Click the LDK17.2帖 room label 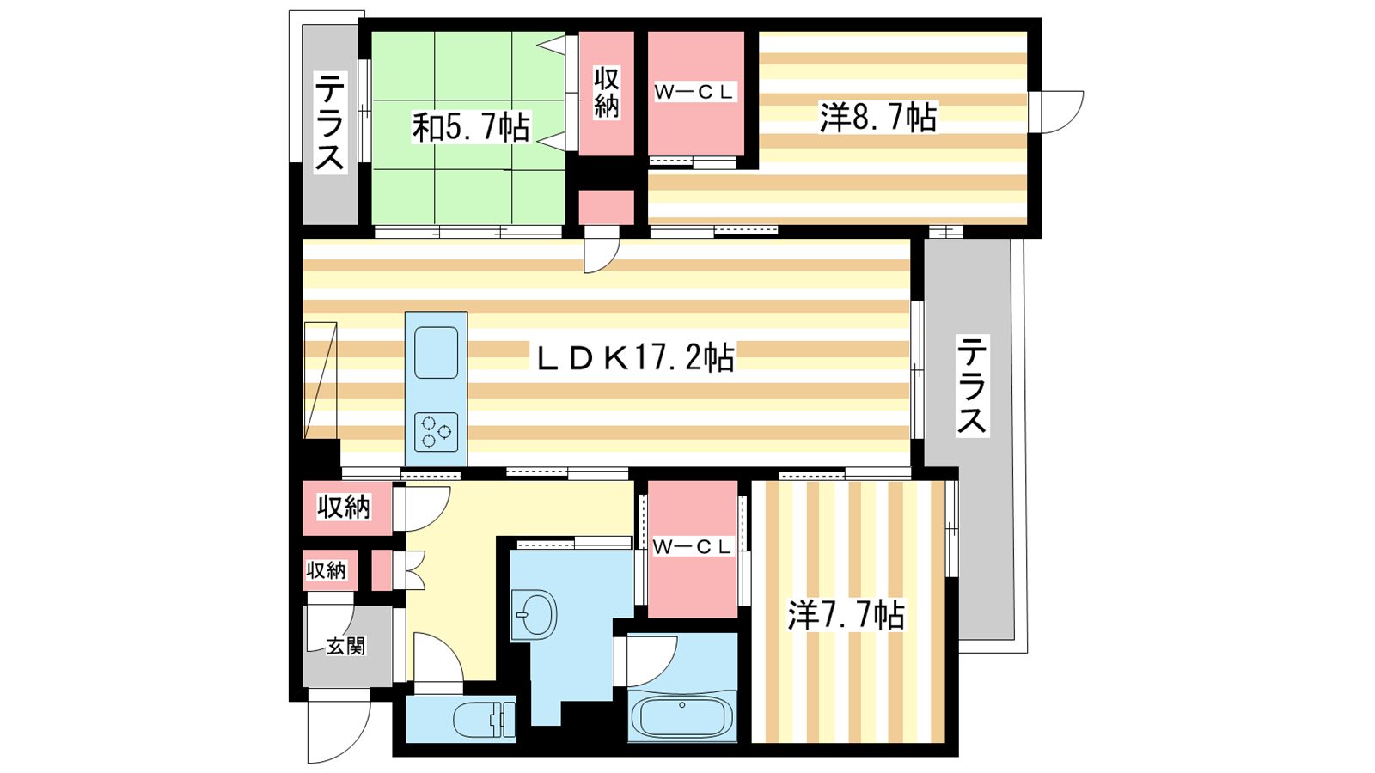point(636,357)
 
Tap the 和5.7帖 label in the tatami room point(471,128)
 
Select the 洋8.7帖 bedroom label point(878,117)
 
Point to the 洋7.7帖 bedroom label point(846,615)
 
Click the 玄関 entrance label point(345,646)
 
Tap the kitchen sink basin point(436,353)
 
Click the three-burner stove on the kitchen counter point(436,432)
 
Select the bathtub point(682,715)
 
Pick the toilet point(485,719)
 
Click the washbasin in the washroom point(534,615)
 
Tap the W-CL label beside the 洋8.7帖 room point(694,93)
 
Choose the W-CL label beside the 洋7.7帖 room point(693,547)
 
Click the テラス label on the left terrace point(330,123)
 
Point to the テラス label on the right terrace point(972,386)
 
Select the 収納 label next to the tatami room point(606,93)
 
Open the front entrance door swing point(339,731)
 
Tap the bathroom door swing point(651,661)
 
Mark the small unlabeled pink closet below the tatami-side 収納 point(606,208)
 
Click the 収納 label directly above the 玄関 point(327,570)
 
